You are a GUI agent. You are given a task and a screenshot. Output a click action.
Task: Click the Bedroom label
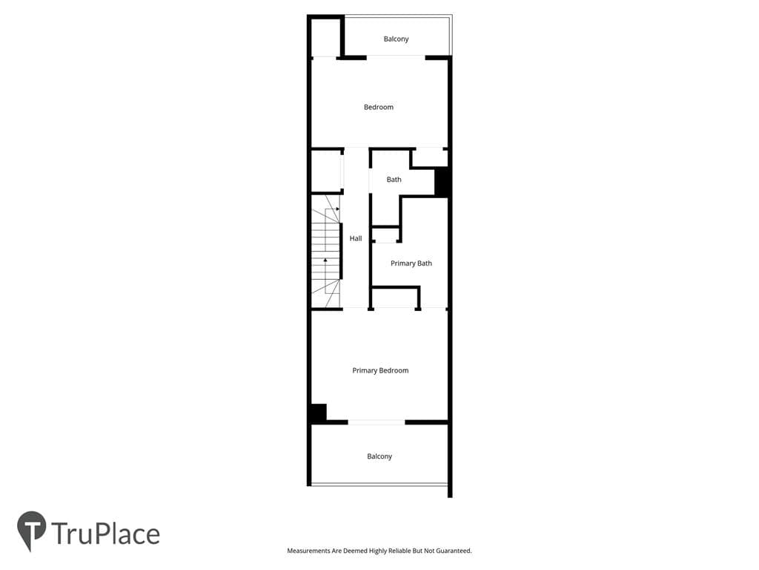click(379, 107)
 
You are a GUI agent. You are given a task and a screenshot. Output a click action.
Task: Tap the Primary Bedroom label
click(380, 371)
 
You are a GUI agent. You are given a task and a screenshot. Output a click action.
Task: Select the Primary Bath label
click(411, 263)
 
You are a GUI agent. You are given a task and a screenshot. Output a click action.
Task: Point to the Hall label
click(356, 238)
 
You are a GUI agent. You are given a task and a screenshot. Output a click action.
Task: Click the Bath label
click(394, 180)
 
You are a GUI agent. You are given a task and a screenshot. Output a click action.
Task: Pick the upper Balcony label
click(396, 39)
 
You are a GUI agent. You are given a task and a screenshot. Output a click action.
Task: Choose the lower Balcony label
click(379, 456)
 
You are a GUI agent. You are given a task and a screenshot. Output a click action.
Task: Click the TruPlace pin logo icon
click(31, 530)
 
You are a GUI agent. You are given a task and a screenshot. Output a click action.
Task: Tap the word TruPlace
click(105, 534)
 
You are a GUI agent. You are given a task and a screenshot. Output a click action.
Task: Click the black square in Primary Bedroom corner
click(318, 413)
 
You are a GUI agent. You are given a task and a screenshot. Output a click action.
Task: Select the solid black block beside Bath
click(442, 182)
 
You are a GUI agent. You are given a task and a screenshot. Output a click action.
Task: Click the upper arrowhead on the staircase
click(338, 209)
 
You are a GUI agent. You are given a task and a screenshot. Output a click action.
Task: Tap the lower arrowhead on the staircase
click(325, 261)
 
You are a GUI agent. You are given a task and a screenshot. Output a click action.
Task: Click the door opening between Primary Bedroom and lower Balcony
click(376, 422)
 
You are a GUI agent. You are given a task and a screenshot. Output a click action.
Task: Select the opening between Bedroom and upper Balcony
click(396, 57)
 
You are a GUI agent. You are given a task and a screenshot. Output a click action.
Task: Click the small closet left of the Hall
click(326, 171)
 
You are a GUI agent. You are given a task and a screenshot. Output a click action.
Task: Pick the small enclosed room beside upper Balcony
click(326, 37)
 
